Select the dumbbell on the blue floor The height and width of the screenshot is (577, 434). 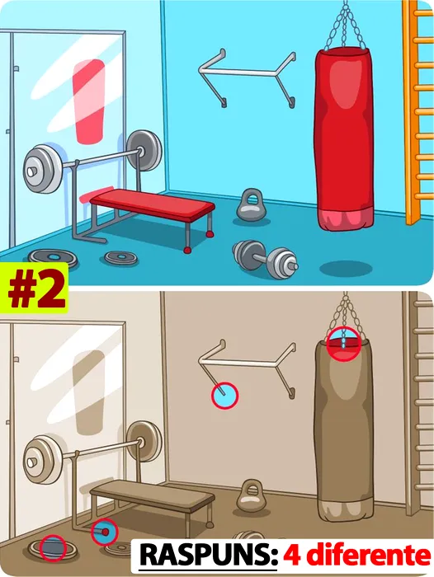coord(265,259)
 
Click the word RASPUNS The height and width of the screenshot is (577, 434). coord(209,556)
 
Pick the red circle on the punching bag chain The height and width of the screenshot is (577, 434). coord(344,344)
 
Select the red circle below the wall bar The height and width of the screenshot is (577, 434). coord(225,396)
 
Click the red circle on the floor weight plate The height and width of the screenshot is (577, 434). coord(53,548)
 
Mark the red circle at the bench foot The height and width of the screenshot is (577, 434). coord(105,532)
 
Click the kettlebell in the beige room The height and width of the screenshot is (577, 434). coord(252,496)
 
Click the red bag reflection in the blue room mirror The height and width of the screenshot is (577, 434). coord(88,101)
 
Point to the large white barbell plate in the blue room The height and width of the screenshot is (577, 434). coord(41,169)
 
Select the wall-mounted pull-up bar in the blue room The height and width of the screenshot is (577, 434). coord(248,77)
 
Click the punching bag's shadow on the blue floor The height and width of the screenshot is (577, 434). coord(346,268)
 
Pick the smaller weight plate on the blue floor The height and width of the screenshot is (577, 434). coord(120,257)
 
